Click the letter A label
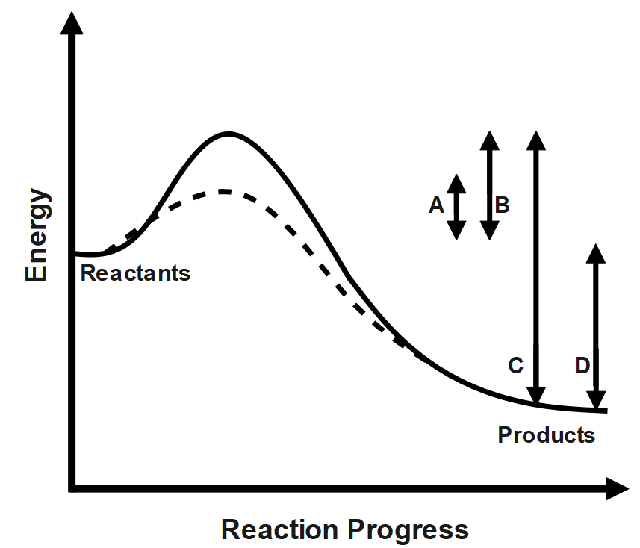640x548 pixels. pyautogui.click(x=437, y=205)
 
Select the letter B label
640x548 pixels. pyautogui.click(x=503, y=205)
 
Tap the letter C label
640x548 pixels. pyautogui.click(x=515, y=366)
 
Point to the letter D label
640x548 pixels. pyautogui.click(x=583, y=366)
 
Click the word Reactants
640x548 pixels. pyautogui.click(x=135, y=273)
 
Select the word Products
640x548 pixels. pyautogui.click(x=547, y=435)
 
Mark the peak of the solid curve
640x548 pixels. pyautogui.click(x=229, y=134)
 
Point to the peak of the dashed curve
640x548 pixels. pyautogui.click(x=224, y=191)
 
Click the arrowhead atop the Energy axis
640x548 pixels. pyautogui.click(x=72, y=24)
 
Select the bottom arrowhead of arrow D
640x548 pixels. pyautogui.click(x=596, y=399)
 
